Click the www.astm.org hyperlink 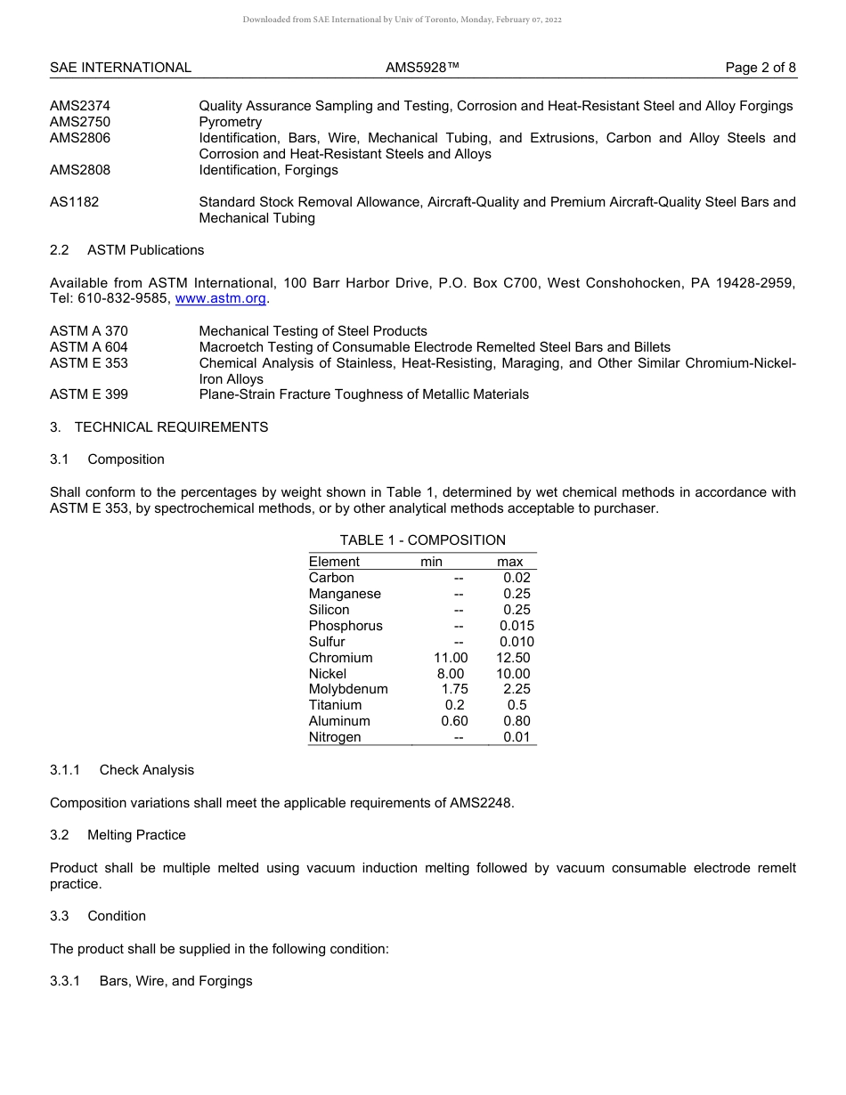point(221,299)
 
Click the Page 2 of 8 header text point(761,68)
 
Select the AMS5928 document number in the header point(422,68)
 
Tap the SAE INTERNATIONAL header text point(120,68)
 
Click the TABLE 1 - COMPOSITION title point(422,540)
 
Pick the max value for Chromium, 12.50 point(513,658)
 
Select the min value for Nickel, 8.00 point(451,674)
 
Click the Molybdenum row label point(348,689)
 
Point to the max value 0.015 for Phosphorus point(517,626)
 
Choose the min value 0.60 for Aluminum point(454,721)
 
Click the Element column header point(334,562)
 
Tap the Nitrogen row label point(335,737)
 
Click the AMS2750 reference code point(80,122)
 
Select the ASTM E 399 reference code point(88,394)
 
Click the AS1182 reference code point(74,202)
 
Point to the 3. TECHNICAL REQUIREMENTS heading point(159,427)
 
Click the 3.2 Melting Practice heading point(118,835)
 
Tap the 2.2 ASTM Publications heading point(126,250)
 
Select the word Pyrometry point(230,122)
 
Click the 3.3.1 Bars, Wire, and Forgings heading point(150,981)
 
